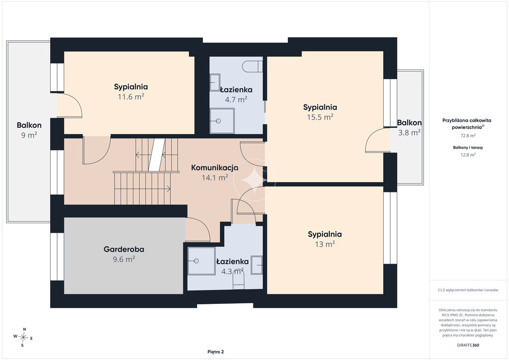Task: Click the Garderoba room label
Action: coord(124,249)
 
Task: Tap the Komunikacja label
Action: coord(215,168)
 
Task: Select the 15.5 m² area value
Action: coord(320,117)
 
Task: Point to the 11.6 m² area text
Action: coord(131,96)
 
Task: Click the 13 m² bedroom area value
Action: coord(325,244)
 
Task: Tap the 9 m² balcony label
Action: coord(29,135)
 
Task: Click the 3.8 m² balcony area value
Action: coord(410,132)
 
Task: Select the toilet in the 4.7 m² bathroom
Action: coord(252,66)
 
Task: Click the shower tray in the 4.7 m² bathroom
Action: coord(222,121)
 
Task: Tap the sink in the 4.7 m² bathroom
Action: coord(215,83)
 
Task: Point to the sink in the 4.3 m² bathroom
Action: coord(257,265)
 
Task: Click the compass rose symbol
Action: coord(23,337)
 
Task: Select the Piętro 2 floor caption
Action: coord(216,352)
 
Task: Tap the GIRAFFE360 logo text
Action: coord(467,345)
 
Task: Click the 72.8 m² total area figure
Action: coord(468,135)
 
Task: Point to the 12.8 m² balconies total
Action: coord(468,155)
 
